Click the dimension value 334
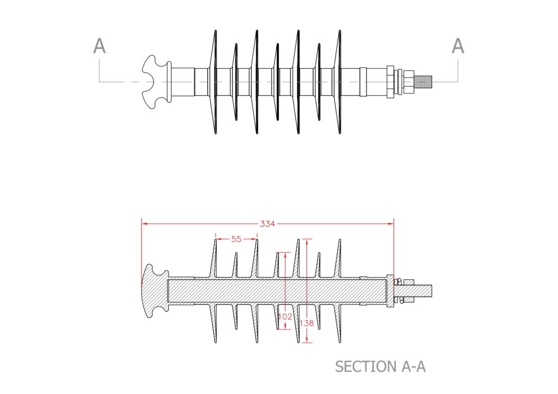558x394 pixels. pos(267,223)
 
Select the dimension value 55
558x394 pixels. pos(236,239)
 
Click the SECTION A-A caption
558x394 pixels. pos(380,366)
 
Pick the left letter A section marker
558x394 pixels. pos(99,47)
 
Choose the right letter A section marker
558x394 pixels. pos(458,47)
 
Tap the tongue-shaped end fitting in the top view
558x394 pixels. pos(155,82)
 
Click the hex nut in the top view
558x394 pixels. pos(390,82)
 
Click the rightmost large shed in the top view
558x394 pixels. pos(339,82)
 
